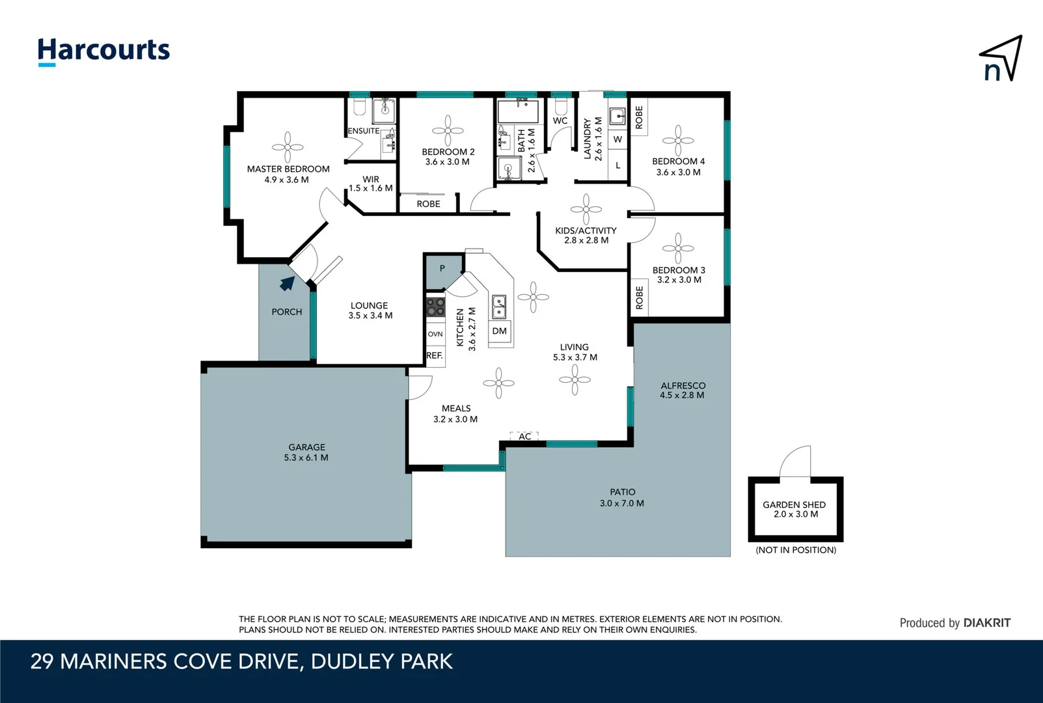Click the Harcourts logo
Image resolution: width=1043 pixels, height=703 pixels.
(x=103, y=51)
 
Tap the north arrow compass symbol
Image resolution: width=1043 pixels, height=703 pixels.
(x=1001, y=59)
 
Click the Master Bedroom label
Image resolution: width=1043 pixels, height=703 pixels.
(x=288, y=169)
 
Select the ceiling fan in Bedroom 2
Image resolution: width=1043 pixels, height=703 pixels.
(x=448, y=131)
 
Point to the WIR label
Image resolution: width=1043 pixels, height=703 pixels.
(x=371, y=179)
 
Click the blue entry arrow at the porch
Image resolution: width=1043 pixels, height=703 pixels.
(x=287, y=283)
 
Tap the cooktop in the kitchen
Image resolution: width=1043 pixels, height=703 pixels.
(x=435, y=307)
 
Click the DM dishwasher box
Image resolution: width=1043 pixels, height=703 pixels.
(x=499, y=331)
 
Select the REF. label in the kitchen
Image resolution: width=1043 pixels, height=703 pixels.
(x=435, y=355)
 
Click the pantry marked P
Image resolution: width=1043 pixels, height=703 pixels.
(x=442, y=268)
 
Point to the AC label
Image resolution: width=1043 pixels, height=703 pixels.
(x=525, y=436)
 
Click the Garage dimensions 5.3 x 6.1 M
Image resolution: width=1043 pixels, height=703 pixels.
(x=306, y=458)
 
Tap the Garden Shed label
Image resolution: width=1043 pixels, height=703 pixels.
(x=794, y=504)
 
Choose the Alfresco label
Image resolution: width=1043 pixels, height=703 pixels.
(x=683, y=385)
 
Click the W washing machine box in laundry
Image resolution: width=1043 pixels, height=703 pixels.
(x=617, y=139)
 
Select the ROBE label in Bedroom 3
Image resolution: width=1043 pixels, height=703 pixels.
(x=639, y=297)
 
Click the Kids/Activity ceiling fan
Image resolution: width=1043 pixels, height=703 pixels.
(x=586, y=209)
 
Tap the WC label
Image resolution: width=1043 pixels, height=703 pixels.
(x=560, y=120)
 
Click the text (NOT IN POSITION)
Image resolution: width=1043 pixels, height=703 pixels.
(x=796, y=550)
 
